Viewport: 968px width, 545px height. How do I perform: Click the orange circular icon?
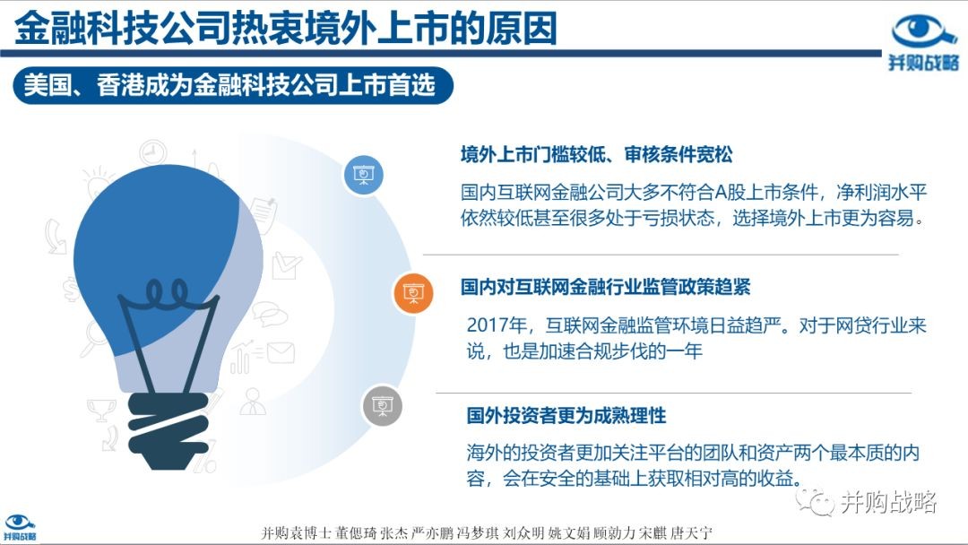pos(413,292)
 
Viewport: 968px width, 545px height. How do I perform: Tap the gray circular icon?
pos(382,405)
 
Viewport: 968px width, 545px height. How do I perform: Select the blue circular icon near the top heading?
pos(364,175)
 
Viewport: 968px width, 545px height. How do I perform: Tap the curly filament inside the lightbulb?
pos(167,294)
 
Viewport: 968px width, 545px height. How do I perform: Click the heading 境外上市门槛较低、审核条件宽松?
pos(596,154)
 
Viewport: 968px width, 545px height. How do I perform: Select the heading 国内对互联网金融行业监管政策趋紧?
pos(606,287)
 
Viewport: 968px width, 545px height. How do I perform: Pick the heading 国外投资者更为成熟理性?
pos(566,415)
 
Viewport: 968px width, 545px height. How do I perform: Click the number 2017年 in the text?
pos(497,325)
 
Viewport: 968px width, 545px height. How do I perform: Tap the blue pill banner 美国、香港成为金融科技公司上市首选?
pos(233,85)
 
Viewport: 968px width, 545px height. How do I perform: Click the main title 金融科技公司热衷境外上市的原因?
pos(285,28)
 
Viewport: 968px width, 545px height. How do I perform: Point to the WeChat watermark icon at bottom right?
pos(815,502)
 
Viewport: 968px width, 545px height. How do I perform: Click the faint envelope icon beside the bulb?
pos(281,353)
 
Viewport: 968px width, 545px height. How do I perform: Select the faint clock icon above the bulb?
pos(152,152)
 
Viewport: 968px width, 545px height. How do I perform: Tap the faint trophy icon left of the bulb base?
pos(101,410)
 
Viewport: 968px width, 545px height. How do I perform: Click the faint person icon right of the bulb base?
pos(253,402)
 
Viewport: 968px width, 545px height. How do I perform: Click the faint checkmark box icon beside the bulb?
pos(286,265)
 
